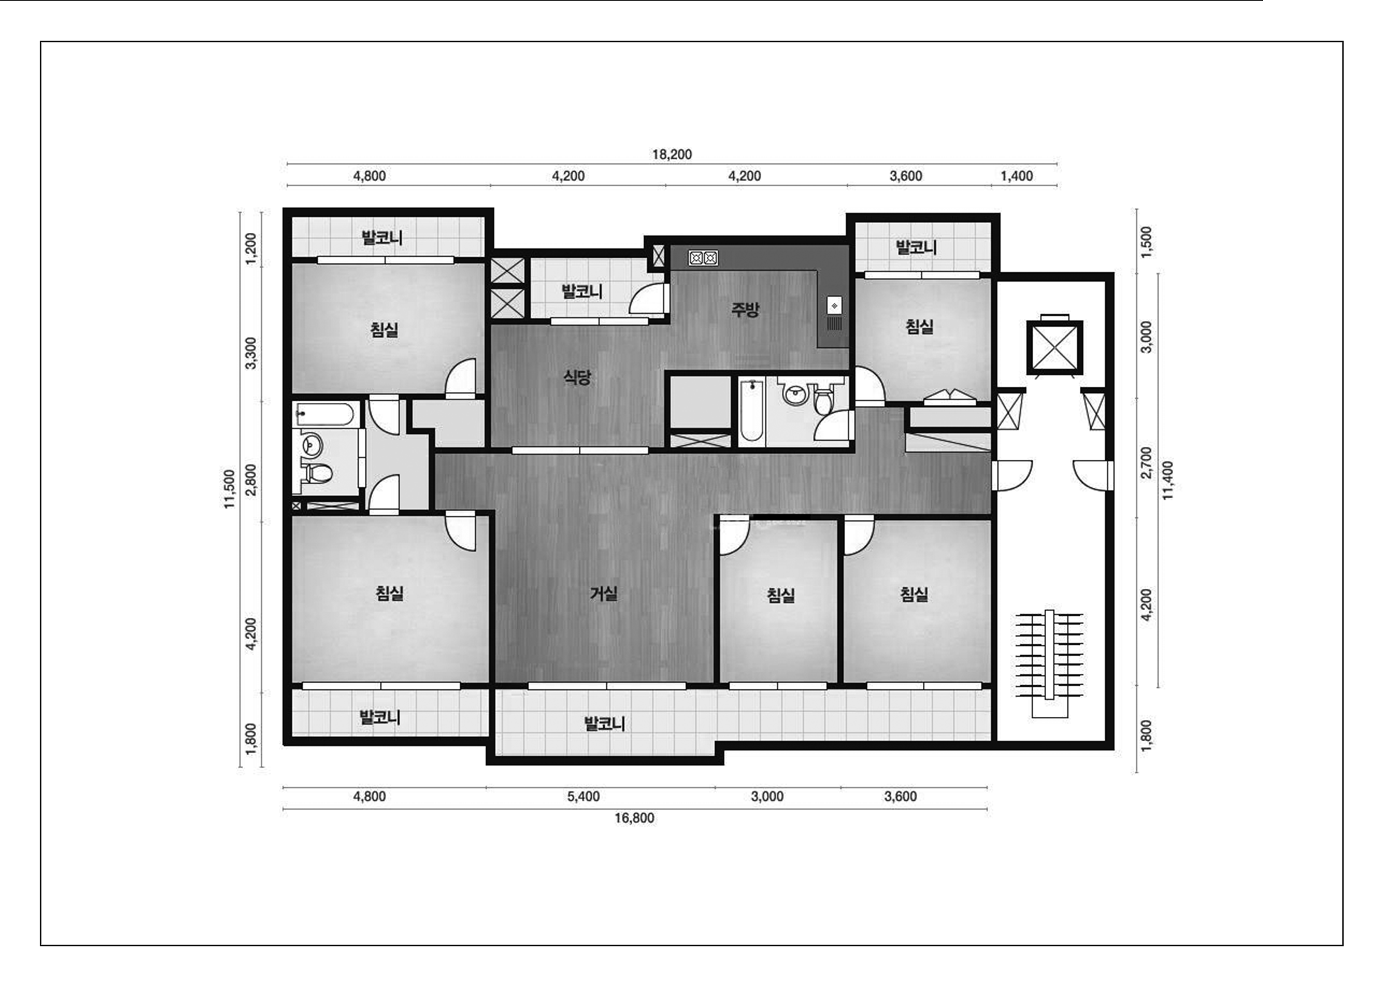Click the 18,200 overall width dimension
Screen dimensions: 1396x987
(672, 154)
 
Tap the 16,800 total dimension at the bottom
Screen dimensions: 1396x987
(634, 818)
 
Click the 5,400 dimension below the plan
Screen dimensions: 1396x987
(584, 797)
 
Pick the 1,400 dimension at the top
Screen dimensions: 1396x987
(1017, 176)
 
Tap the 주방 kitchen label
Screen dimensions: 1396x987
(745, 310)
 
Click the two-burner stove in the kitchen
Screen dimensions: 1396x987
(703, 258)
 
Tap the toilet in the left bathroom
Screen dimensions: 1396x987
(317, 472)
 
